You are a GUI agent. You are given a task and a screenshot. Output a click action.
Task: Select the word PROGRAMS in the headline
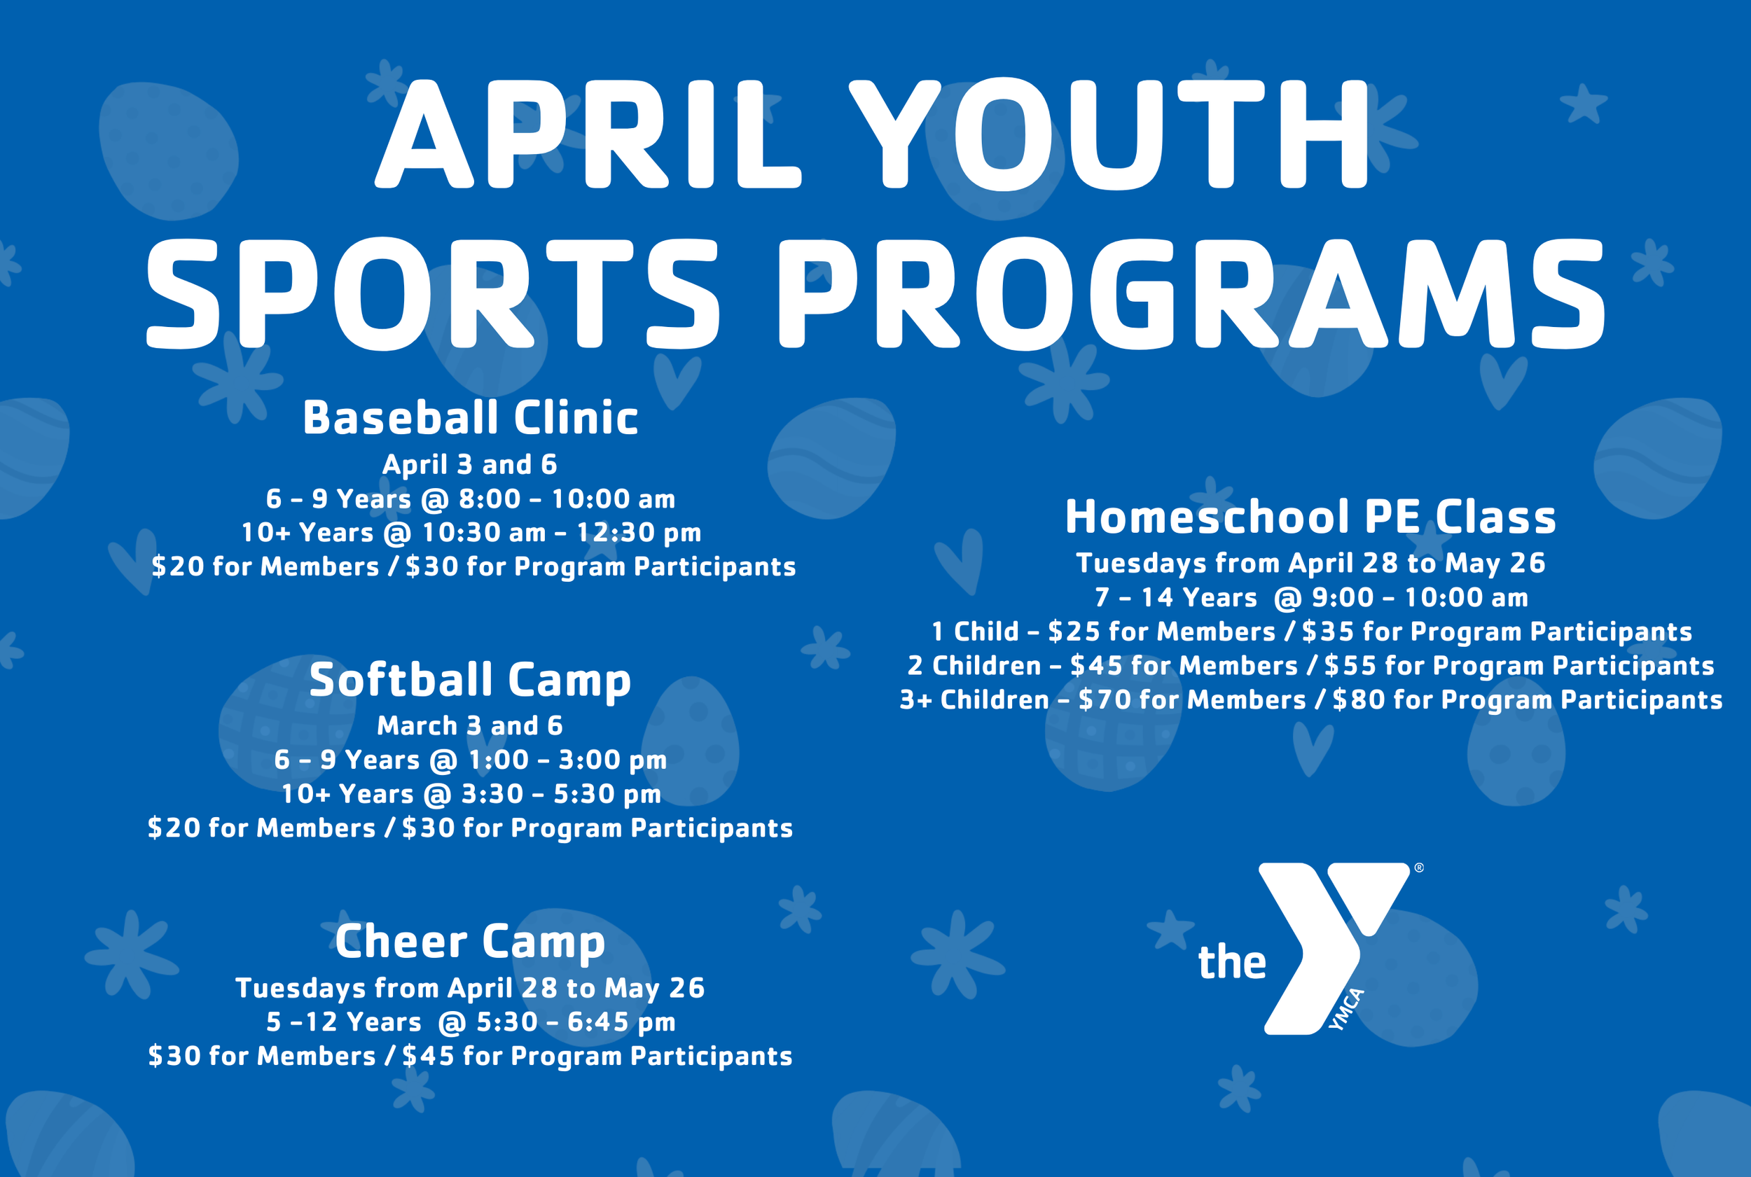pos(1191,294)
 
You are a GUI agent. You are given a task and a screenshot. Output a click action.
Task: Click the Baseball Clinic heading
pos(470,418)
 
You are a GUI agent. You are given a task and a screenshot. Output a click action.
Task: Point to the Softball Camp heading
pos(470,680)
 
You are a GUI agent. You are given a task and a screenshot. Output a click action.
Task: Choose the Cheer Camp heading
pos(470,941)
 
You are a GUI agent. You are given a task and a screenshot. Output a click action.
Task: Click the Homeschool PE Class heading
pos(1310,517)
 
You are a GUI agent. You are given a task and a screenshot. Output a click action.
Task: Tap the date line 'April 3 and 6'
pos(470,465)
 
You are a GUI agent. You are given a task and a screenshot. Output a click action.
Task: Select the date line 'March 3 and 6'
pos(470,726)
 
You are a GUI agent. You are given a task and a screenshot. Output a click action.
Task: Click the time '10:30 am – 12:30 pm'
pos(562,533)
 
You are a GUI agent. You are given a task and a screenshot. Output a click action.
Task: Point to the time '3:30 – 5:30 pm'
pos(561,794)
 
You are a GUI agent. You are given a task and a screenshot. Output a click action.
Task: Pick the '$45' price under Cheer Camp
pos(428,1056)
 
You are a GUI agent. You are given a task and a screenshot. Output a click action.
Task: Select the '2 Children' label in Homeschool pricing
pos(974,666)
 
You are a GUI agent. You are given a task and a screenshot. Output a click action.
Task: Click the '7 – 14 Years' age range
pos(1175,598)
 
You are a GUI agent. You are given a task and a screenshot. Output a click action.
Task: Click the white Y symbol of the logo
pos(1322,938)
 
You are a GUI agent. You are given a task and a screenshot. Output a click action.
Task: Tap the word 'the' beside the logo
pos(1231,962)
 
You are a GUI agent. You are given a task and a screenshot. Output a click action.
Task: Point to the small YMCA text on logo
pos(1346,1010)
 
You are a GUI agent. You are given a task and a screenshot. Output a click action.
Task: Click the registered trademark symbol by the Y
pos(1418,868)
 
